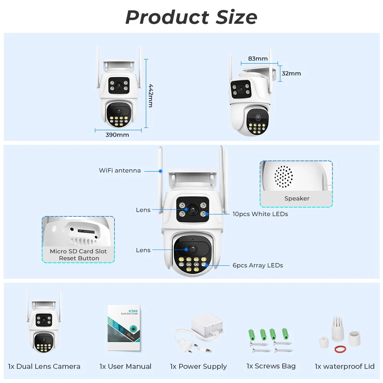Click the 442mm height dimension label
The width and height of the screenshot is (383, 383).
click(151, 95)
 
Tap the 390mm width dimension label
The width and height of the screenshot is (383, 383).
click(117, 135)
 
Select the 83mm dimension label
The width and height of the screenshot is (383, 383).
click(258, 59)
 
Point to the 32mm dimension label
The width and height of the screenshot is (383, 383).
click(291, 74)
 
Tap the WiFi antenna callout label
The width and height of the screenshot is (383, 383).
click(120, 170)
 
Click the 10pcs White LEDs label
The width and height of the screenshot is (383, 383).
click(260, 214)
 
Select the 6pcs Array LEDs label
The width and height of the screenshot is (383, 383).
click(258, 265)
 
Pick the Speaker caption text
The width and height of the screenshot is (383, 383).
click(297, 198)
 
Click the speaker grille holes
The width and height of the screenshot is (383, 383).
click(283, 177)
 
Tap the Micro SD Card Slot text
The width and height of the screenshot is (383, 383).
click(79, 251)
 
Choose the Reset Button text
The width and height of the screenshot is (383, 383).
click(79, 258)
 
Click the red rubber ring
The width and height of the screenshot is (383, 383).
click(340, 349)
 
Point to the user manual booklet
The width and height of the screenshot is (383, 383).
click(124, 328)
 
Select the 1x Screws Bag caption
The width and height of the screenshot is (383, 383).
click(271, 366)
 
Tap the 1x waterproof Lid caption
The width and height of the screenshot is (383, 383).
click(345, 367)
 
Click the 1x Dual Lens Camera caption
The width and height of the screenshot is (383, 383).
click(44, 367)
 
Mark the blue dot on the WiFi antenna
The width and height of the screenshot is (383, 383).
click(161, 170)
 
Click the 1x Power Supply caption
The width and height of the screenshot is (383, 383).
click(198, 367)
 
